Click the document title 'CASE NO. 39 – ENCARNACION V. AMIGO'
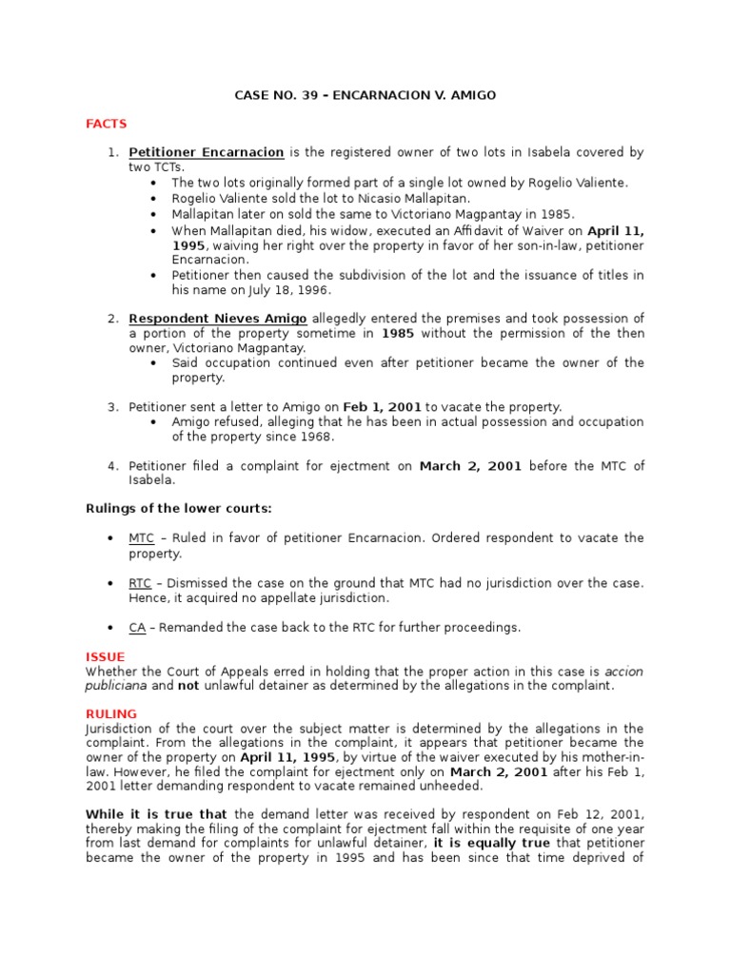365,95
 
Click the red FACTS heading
106,124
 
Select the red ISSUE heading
105,656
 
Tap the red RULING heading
111,713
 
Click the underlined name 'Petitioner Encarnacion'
207,152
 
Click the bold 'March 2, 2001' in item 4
470,465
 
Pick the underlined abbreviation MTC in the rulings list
142,538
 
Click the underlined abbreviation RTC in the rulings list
140,582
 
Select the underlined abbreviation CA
137,627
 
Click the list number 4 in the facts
111,465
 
